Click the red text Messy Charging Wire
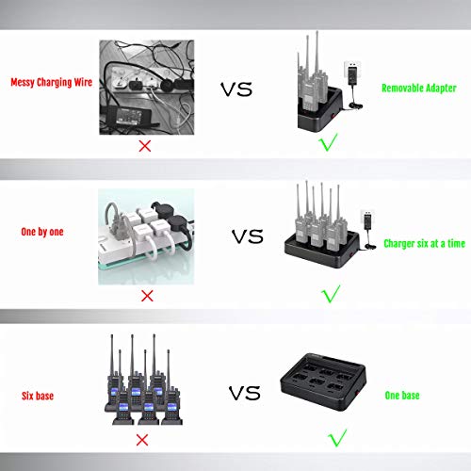pos(52,82)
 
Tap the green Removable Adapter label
pos(419,88)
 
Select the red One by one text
pos(42,232)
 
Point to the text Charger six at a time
pos(424,243)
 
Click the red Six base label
pos(38,396)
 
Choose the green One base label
pos(402,396)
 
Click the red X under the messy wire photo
pos(145,146)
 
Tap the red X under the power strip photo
pos(147,296)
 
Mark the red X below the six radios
pos(142,440)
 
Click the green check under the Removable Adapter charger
pos(328,142)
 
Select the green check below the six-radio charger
pos(331,294)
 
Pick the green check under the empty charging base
pos(337,437)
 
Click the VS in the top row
pos(236,89)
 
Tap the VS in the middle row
pos(248,236)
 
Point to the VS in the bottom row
pos(245,393)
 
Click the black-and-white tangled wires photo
pos(147,88)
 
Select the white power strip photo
pos(146,236)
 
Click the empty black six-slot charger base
pos(323,382)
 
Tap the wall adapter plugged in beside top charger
pos(352,73)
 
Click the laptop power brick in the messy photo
pos(131,116)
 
